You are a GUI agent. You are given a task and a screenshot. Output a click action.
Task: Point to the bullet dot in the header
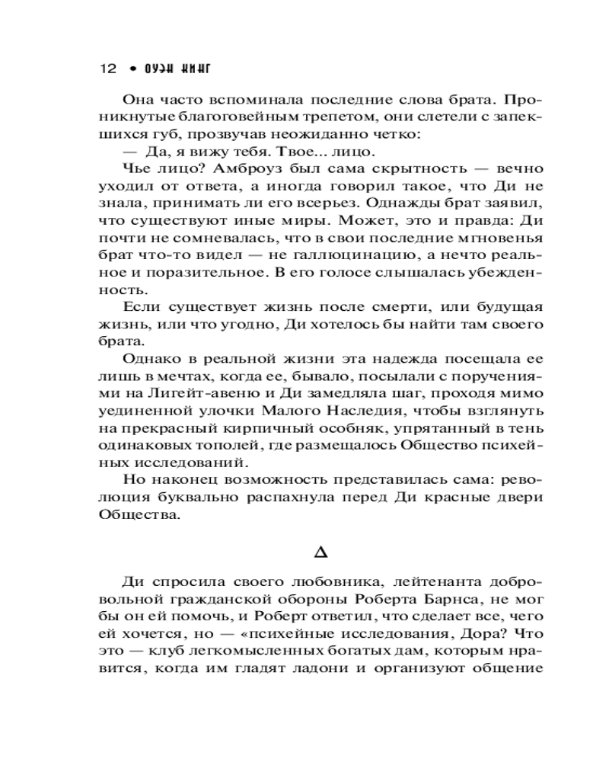tap(132, 69)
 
